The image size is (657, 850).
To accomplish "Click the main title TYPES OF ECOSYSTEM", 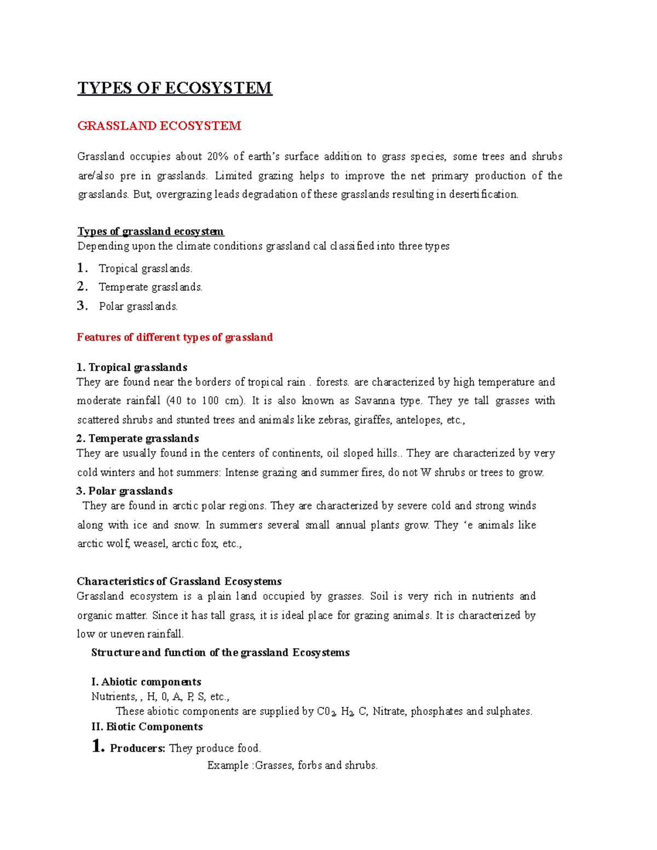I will tap(175, 88).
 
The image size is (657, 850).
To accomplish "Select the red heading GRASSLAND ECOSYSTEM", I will tap(159, 126).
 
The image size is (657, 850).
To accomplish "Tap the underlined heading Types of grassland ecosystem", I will tap(151, 232).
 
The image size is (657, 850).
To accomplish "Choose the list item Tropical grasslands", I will tap(145, 269).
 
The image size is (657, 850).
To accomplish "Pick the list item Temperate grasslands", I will tap(150, 287).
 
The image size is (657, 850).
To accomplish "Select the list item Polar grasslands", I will tap(138, 307).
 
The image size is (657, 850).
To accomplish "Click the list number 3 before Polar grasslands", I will tap(82, 306).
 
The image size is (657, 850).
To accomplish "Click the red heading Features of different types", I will tap(175, 337).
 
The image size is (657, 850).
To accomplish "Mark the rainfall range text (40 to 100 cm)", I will tap(205, 401).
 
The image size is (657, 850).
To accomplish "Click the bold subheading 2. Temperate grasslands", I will tap(137, 438).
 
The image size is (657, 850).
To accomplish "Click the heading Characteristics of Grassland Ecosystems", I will tap(179, 581).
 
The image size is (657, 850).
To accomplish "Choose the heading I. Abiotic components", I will tap(146, 682).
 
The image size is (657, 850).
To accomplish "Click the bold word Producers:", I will tap(137, 748).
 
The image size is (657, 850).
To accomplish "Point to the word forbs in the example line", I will tap(309, 765).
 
